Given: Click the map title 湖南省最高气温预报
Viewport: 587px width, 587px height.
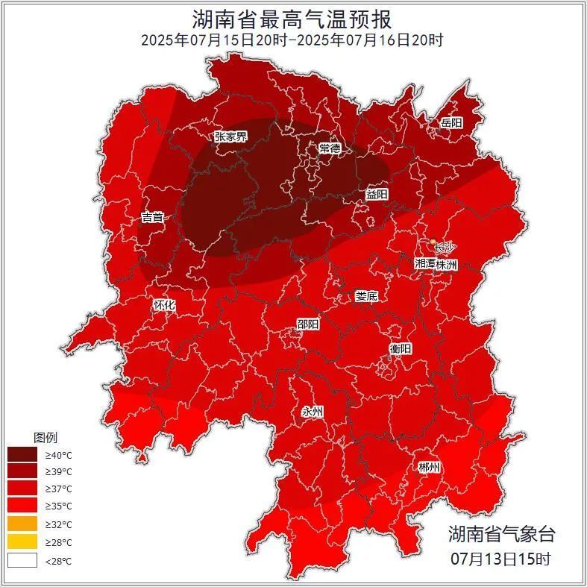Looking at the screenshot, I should click(292, 18).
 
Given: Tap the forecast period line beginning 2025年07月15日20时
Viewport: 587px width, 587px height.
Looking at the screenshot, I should click(292, 40).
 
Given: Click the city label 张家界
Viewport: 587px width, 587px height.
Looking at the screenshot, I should click(230, 136).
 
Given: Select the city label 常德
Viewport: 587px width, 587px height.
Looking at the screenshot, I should click(330, 148).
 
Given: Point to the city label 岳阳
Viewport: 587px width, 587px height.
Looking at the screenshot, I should click(451, 122).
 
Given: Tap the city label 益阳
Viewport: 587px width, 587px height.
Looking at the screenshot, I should click(377, 194).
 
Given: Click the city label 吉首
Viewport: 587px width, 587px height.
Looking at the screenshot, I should click(152, 218).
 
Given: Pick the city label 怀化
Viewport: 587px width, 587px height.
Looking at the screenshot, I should click(164, 305).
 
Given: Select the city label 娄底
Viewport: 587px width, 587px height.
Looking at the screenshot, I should click(366, 296).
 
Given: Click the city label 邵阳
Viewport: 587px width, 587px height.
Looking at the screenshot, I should click(308, 324).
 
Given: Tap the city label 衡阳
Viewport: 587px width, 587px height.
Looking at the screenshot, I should click(400, 348).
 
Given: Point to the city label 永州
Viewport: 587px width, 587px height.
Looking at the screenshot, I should click(313, 412).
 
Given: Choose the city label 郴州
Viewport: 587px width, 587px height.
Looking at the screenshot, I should click(429, 468).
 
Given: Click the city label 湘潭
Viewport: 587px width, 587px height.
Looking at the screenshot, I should click(426, 264).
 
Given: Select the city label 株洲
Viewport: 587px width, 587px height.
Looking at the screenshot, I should click(448, 264).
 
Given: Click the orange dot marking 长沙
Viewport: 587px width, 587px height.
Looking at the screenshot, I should click(433, 242).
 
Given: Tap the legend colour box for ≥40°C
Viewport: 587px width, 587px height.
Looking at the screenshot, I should click(22, 454).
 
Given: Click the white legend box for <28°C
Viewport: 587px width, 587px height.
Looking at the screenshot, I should click(22, 560).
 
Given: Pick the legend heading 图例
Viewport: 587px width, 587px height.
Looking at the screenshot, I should click(45, 437).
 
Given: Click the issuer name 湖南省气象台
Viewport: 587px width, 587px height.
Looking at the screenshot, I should click(501, 534).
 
